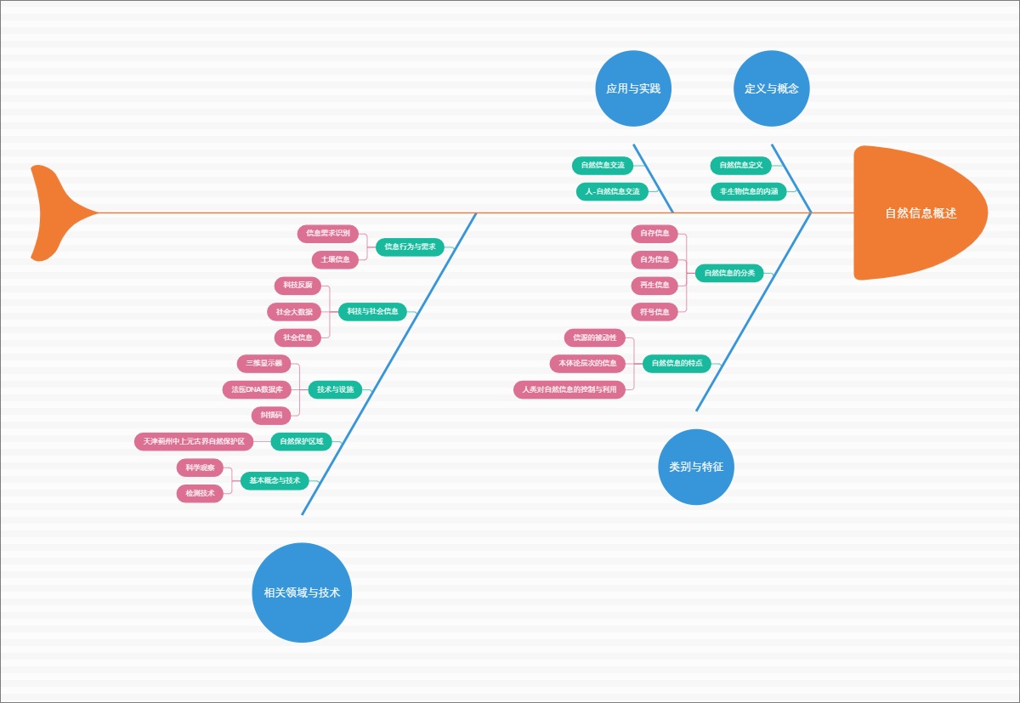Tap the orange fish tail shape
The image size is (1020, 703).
(55, 213)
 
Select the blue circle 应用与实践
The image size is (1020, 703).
(633, 88)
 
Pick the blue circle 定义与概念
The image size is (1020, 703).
(772, 88)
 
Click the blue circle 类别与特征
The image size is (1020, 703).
(696, 467)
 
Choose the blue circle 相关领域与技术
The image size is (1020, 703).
(302, 592)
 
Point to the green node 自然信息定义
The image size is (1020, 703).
(740, 165)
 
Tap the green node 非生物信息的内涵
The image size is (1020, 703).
(748, 191)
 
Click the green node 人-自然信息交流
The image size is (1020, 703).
(612, 191)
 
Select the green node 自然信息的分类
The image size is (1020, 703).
(729, 273)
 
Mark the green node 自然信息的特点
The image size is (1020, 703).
(677, 363)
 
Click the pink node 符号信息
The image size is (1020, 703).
(654, 312)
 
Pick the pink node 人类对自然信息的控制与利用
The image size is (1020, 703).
(569, 389)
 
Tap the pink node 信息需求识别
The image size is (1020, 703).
(328, 233)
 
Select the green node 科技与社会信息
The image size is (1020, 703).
(372, 311)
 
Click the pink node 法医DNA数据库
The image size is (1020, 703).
(258, 389)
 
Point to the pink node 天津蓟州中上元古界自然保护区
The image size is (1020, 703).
(194, 441)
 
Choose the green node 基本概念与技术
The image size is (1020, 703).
(275, 480)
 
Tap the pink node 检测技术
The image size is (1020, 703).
(200, 493)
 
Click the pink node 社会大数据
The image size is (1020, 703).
(294, 312)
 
